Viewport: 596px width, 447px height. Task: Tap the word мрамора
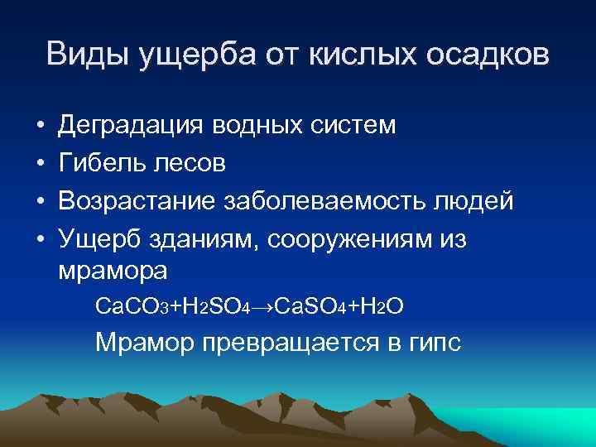(x=113, y=271)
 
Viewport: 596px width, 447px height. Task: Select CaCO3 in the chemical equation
(x=126, y=307)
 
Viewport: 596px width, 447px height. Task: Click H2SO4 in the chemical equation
(x=212, y=307)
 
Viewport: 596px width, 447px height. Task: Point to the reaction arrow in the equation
(x=262, y=307)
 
